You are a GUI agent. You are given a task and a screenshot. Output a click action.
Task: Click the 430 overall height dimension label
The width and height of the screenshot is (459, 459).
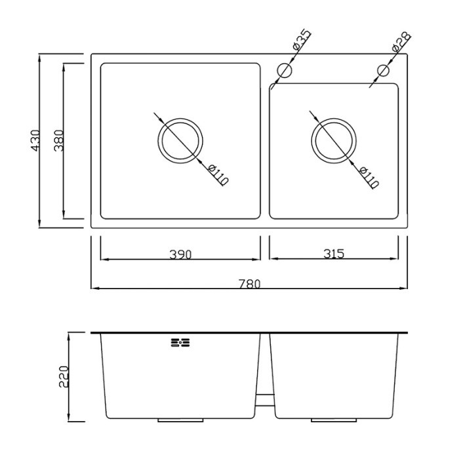tap(35, 140)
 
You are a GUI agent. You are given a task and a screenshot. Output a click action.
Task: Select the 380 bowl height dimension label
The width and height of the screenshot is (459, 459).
tap(59, 140)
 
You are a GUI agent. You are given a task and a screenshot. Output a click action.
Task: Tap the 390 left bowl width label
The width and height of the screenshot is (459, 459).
tap(180, 254)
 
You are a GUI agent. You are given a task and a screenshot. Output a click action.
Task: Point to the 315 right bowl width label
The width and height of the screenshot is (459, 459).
tap(334, 254)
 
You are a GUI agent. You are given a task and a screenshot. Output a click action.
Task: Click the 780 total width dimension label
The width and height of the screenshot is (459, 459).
tap(249, 284)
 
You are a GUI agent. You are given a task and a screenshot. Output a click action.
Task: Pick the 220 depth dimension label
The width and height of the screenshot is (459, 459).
tap(64, 376)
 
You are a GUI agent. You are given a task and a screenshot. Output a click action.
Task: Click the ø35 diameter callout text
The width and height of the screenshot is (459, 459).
tap(301, 40)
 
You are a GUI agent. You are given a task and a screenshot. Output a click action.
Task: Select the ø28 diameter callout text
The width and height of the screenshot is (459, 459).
tap(401, 42)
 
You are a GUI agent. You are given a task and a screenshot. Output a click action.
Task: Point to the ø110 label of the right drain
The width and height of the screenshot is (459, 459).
tap(369, 178)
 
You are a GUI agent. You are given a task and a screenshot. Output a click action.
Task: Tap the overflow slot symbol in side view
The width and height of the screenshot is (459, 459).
tap(180, 342)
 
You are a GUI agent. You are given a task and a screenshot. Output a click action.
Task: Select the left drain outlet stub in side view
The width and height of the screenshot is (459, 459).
tap(180, 420)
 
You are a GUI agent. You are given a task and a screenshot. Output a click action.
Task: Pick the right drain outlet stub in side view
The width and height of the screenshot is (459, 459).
tap(334, 420)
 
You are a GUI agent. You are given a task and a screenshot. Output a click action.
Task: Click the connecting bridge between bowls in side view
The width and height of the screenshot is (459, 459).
tap(265, 400)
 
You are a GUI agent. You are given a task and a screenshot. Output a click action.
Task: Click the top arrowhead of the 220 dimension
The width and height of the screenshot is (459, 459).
tap(69, 337)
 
